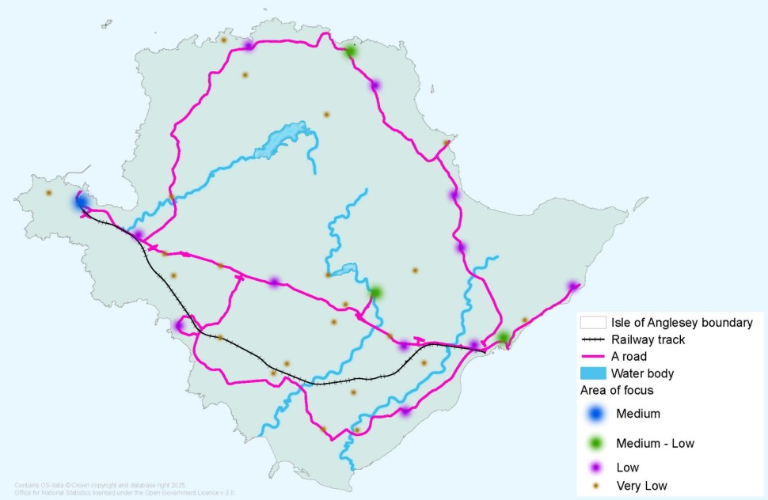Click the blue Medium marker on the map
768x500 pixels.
pyautogui.click(x=81, y=202)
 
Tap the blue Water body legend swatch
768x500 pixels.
pyautogui.click(x=594, y=373)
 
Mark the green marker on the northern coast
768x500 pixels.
pyautogui.click(x=350, y=51)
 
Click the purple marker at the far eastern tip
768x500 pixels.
pyautogui.click(x=572, y=286)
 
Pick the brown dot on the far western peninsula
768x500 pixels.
pyautogui.click(x=48, y=192)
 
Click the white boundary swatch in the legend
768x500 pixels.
pyautogui.click(x=594, y=323)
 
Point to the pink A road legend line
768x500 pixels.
pyautogui.click(x=594, y=356)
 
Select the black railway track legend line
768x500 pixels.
pyautogui.click(x=594, y=339)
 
